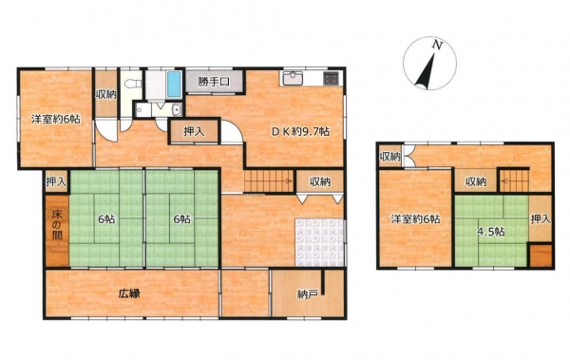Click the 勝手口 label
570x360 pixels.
(214, 82)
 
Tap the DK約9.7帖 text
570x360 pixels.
(300, 132)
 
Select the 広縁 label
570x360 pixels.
(129, 294)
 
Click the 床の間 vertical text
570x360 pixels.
(57, 225)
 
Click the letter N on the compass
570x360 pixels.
(437, 45)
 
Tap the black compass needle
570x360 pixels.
(426, 71)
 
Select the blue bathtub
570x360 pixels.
(174, 84)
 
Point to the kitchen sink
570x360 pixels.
(293, 78)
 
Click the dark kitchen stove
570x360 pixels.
(331, 79)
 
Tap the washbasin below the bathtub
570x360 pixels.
(177, 109)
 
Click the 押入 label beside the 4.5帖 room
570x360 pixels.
(541, 219)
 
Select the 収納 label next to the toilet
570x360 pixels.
(105, 95)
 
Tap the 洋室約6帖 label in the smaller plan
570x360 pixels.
(415, 219)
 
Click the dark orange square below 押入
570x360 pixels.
(541, 256)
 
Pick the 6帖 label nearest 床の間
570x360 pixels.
(106, 219)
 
